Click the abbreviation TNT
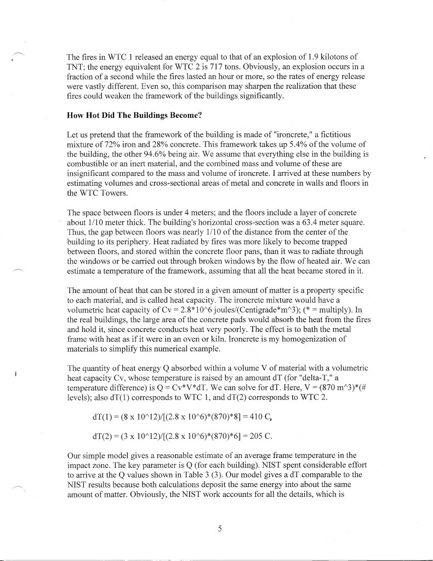(x=75, y=66)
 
